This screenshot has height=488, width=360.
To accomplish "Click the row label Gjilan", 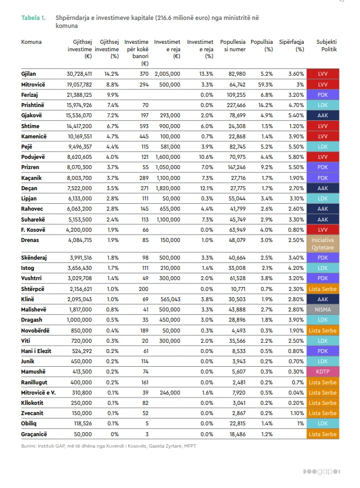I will pos(29,74).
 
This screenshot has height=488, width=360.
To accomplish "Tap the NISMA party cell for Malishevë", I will pos(322,310).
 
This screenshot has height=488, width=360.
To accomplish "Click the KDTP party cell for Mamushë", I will pos(322,371).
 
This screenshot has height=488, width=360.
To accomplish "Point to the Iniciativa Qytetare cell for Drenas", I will pos(322,244).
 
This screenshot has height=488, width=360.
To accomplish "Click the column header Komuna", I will pos(31,42).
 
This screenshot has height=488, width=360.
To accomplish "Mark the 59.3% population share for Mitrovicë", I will pos(264,84).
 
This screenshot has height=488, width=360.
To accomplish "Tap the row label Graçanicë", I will pos(35,434).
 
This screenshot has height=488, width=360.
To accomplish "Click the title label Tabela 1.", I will pos(34,18).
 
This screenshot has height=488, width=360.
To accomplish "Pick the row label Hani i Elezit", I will pos(36,351).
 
